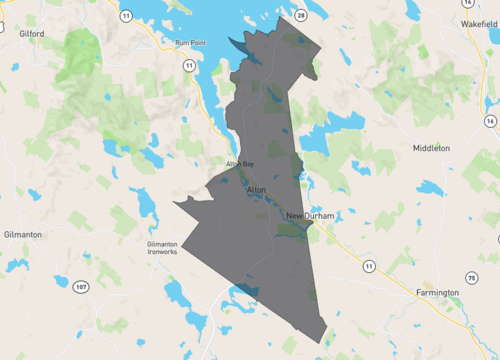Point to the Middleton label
point(431,147)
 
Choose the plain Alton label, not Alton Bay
point(255,188)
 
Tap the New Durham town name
point(309,216)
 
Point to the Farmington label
point(437,292)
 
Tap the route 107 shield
point(81,288)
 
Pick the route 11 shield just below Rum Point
point(188,65)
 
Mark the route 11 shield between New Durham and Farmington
point(368,265)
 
